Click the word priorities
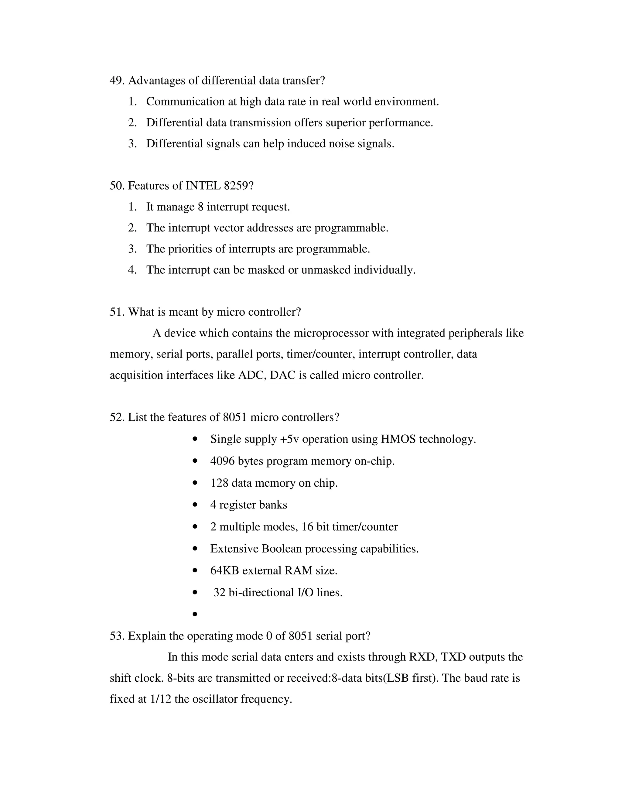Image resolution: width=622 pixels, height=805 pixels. click(x=190, y=249)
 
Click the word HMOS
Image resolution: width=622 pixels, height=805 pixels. click(x=398, y=439)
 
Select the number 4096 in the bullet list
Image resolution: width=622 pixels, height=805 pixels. click(x=222, y=461)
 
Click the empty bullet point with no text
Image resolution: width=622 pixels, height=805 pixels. click(x=195, y=614)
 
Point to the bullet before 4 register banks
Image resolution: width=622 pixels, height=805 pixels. click(x=195, y=505)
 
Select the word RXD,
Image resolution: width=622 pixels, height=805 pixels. click(x=423, y=657)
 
